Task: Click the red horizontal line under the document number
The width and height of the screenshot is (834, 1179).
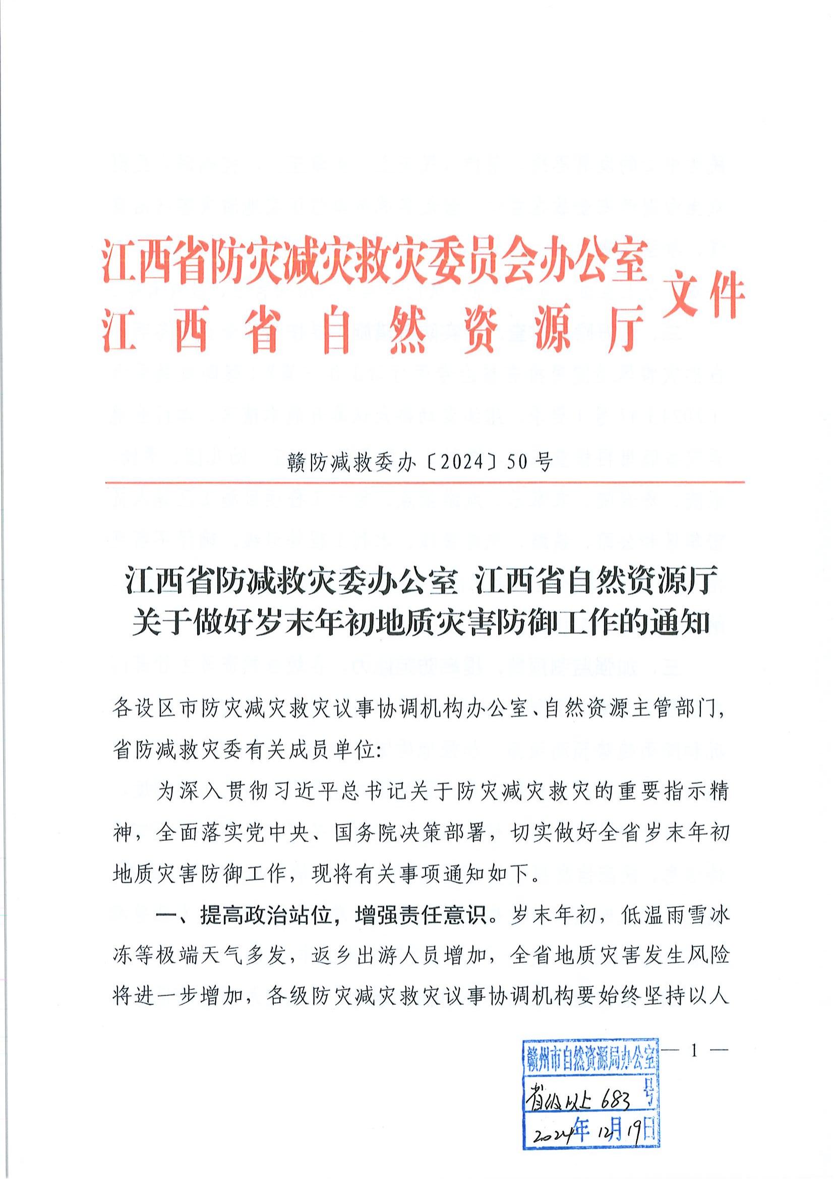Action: click(x=424, y=483)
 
